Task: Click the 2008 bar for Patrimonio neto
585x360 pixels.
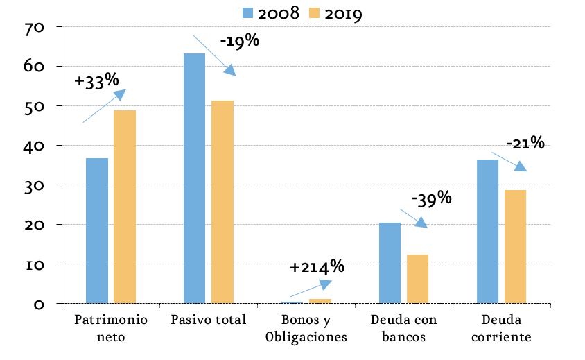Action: [97, 230]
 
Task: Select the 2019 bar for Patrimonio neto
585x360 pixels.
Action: [125, 207]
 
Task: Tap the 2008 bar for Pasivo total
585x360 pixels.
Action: [194, 178]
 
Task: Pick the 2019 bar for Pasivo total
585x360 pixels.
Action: [222, 202]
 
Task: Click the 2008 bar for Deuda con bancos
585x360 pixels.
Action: [390, 263]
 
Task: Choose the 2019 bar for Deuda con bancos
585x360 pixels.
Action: [417, 279]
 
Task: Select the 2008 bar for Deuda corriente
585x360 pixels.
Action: [488, 231]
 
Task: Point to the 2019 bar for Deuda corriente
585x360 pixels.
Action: [515, 246]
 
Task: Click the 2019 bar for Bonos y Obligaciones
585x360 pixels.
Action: [320, 301]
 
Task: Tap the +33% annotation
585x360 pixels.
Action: [96, 81]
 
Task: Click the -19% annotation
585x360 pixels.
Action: [240, 41]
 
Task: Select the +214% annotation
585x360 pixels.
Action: [317, 266]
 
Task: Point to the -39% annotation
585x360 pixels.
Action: [431, 198]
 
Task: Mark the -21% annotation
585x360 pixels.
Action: [525, 143]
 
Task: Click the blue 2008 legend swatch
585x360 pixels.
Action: [247, 13]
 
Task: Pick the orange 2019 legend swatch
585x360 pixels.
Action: [315, 13]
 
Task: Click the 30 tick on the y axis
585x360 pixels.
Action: [35, 187]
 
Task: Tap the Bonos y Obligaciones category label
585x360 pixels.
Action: [306, 328]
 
